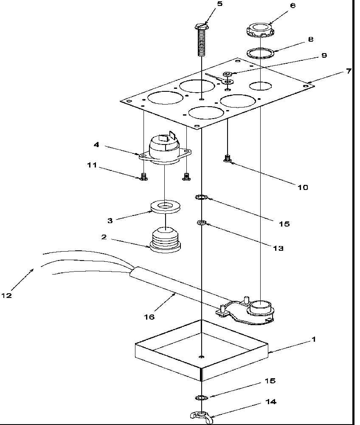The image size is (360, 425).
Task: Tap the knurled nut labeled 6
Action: (x=259, y=30)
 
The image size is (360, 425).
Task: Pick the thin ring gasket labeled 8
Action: (x=260, y=54)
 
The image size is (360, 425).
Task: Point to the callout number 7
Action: (x=348, y=71)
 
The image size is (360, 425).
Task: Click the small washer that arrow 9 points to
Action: (x=228, y=74)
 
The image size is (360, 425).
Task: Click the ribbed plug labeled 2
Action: (x=163, y=241)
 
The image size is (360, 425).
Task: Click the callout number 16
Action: (x=149, y=317)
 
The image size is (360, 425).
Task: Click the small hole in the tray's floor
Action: (x=202, y=356)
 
